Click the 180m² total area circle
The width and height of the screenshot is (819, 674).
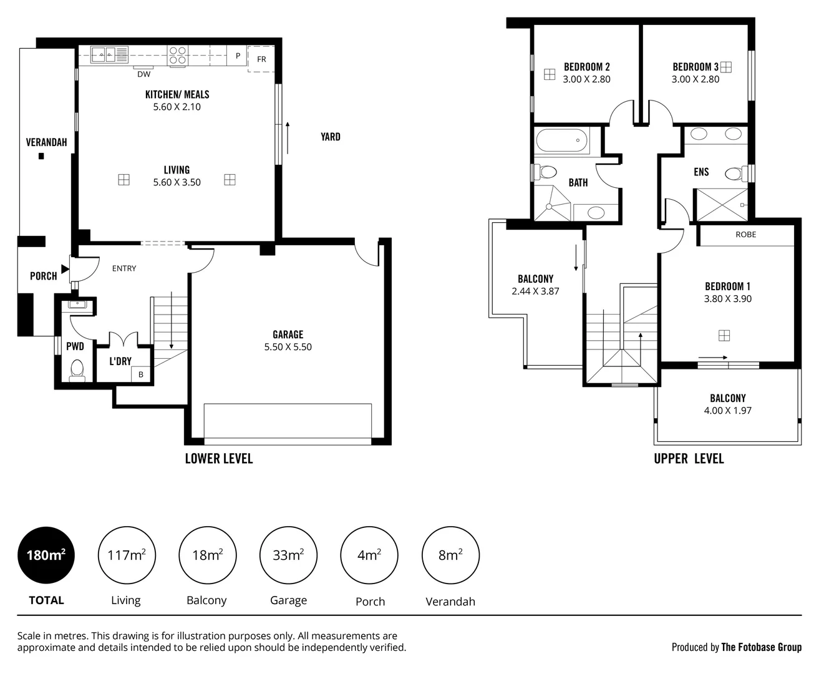pyautogui.click(x=46, y=555)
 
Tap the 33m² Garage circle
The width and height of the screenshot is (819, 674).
pyautogui.click(x=288, y=555)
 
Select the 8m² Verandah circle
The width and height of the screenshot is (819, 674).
pyautogui.click(x=450, y=555)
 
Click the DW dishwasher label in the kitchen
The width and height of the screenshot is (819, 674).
pyautogui.click(x=143, y=74)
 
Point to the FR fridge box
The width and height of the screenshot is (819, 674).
pyautogui.click(x=261, y=59)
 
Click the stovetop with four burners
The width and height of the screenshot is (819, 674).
pyautogui.click(x=177, y=56)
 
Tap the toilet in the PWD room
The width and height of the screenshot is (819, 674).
pyautogui.click(x=77, y=370)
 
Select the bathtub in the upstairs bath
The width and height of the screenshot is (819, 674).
pyautogui.click(x=562, y=140)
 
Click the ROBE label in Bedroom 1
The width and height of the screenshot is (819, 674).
pyautogui.click(x=745, y=235)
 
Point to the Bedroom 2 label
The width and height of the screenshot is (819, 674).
pyautogui.click(x=586, y=67)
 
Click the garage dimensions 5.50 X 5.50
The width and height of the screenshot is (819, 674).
pyautogui.click(x=288, y=347)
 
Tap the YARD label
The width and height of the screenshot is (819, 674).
pyautogui.click(x=330, y=137)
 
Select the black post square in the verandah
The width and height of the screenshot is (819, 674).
pyautogui.click(x=42, y=156)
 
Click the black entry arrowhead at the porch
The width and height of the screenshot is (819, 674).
pyautogui.click(x=65, y=269)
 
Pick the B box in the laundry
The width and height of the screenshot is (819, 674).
pyautogui.click(x=141, y=374)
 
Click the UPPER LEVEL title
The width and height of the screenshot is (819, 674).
pyautogui.click(x=689, y=459)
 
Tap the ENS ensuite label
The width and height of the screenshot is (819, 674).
pyautogui.click(x=701, y=172)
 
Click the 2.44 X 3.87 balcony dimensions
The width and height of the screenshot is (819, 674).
pyautogui.click(x=535, y=291)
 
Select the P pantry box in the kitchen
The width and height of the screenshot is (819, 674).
pyautogui.click(x=238, y=56)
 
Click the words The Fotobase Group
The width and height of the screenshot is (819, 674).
pyautogui.click(x=761, y=647)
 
